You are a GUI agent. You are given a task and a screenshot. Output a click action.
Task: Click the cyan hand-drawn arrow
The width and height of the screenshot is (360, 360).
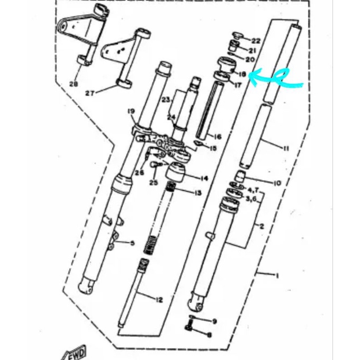[x=275, y=79]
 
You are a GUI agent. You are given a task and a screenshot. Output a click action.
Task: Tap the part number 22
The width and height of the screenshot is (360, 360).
[x=256, y=41]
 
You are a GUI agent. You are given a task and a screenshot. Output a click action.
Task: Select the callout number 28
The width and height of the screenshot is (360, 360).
[x=73, y=84]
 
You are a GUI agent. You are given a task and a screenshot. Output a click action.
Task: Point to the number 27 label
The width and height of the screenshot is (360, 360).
[x=90, y=93]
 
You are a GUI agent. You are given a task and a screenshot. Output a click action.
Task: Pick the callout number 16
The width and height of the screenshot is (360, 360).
[x=217, y=137]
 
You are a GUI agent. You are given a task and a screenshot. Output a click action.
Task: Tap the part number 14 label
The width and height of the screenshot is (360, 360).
[x=204, y=178]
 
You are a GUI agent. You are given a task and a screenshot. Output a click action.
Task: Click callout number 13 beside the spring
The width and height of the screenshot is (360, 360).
[x=197, y=193]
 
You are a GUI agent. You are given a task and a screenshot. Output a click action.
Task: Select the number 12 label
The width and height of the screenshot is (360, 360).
[x=158, y=300]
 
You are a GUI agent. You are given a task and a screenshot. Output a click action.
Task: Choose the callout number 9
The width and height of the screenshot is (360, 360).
[x=214, y=321]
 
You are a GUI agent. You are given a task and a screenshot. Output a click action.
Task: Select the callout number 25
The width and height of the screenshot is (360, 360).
[x=154, y=183]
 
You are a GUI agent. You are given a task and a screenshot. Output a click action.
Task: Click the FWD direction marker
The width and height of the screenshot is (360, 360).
[x=76, y=351]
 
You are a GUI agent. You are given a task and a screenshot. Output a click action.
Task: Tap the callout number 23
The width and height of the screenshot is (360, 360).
[x=165, y=100]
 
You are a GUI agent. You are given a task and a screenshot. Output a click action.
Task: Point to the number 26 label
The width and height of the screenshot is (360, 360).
[x=139, y=172]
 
